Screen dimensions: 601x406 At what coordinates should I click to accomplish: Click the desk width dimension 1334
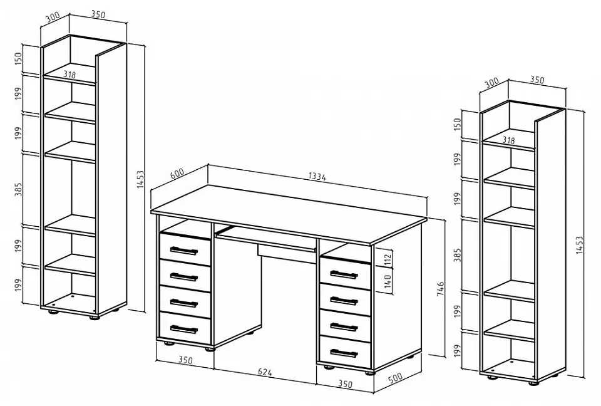tap(317, 177)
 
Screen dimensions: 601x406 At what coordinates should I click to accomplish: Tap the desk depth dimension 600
tap(177, 174)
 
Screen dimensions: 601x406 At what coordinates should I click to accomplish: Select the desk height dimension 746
tap(440, 289)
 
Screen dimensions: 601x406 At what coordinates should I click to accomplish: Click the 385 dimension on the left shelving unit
tap(18, 189)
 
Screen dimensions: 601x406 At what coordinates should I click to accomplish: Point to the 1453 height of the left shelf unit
tap(140, 179)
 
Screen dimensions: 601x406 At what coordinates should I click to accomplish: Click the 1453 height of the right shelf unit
tap(579, 245)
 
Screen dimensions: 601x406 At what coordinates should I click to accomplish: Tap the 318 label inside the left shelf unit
tap(69, 75)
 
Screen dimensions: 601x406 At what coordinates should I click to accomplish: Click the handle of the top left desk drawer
tap(183, 251)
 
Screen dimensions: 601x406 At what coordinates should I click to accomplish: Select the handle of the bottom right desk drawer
tap(344, 352)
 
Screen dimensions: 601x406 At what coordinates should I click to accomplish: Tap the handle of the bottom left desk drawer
tap(183, 329)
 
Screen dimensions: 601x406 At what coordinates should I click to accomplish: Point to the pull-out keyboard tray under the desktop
tap(266, 238)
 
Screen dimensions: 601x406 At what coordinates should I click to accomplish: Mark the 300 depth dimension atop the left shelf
tap(53, 18)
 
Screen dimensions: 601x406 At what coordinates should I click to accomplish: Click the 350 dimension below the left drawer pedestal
tap(185, 360)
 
